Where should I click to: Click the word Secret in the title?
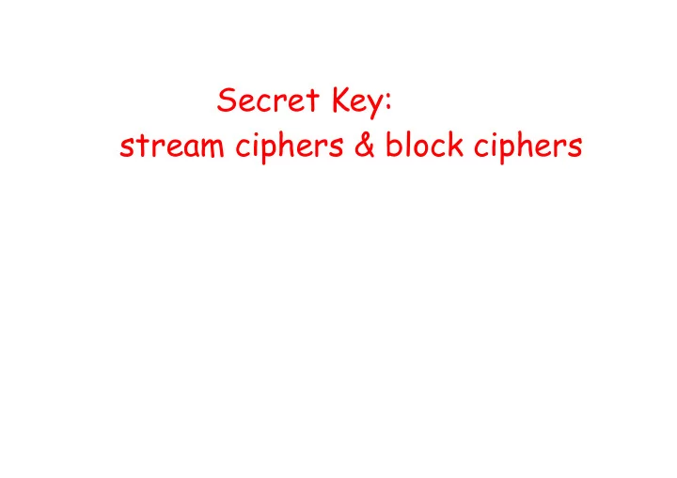tap(268, 100)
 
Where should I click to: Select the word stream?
tap(172, 146)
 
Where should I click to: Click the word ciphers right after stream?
tap(290, 147)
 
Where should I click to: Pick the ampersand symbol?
tap(365, 145)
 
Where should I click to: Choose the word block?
tap(424, 144)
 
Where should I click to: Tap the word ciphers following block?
tap(528, 147)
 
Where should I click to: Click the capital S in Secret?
tap(227, 100)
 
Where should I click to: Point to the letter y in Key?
tap(374, 107)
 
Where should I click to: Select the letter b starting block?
tap(394, 144)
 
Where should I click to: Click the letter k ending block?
tap(455, 144)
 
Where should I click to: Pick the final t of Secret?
tap(313, 101)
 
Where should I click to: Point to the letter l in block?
tap(407, 144)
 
